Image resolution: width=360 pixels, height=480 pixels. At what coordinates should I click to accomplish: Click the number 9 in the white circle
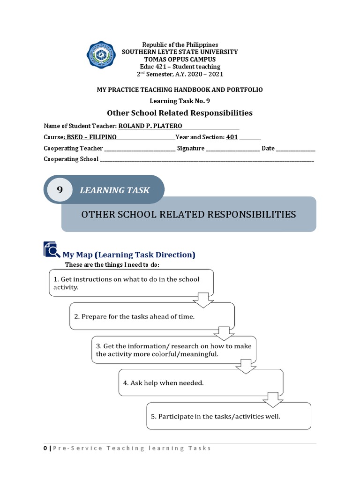tap(60, 190)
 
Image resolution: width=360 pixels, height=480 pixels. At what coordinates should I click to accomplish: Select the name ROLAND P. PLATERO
tap(150, 126)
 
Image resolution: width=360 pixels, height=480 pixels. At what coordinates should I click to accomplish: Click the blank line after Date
tap(296, 149)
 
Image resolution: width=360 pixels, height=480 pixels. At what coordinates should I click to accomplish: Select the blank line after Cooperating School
tap(207, 160)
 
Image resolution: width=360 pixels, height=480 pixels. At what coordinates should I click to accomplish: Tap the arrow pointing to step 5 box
tap(272, 400)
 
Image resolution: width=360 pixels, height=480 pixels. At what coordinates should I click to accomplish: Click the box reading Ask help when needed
tap(201, 383)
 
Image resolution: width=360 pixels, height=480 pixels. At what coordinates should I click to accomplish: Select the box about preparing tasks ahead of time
tap(152, 316)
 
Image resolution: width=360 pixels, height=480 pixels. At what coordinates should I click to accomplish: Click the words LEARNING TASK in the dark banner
tap(114, 190)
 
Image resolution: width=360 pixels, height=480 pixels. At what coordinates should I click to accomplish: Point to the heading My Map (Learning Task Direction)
tap(129, 255)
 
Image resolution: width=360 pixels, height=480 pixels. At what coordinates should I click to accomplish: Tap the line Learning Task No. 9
tap(180, 101)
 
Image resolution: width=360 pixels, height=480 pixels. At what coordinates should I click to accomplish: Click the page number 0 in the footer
tap(45, 448)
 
